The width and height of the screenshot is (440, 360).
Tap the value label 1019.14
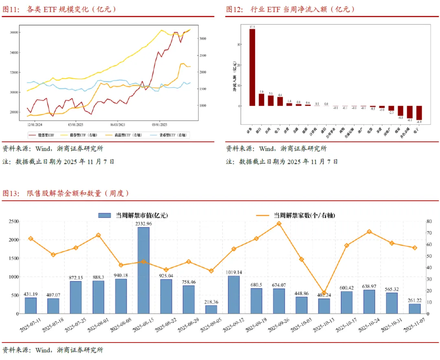[x=234, y=272]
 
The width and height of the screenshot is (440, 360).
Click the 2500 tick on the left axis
[x=13, y=221]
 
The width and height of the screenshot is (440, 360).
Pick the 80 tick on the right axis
[x=429, y=221]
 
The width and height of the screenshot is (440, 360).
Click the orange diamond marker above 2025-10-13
[x=324, y=293]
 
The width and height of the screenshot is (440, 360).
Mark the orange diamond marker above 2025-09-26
[x=279, y=224]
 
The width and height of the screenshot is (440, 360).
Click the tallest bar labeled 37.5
[x=252, y=68]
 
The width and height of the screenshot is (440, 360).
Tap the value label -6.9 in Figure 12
[x=419, y=122]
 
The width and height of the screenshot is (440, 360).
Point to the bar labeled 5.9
[x=262, y=100]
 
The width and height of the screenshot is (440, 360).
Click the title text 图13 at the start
[x=11, y=194]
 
